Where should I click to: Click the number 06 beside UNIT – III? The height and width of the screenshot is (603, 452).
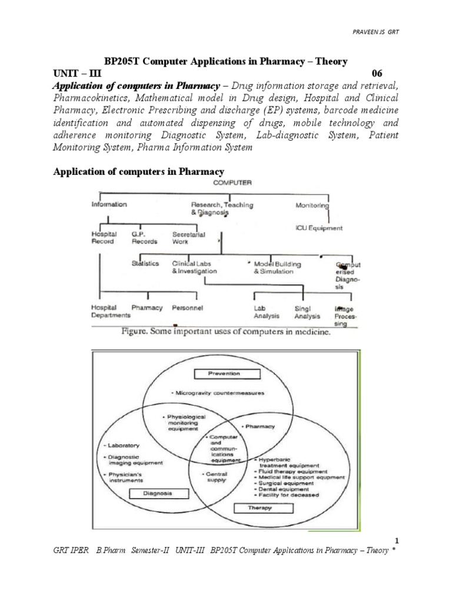coord(377,73)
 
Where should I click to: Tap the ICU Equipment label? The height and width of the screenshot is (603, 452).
coord(318,228)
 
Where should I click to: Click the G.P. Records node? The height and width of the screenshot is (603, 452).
coord(144,237)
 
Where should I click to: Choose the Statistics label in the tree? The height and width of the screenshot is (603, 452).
coord(145,264)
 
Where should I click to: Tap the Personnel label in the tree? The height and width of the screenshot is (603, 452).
coord(188,308)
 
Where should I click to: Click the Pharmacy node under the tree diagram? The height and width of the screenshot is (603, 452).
coord(147,308)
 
